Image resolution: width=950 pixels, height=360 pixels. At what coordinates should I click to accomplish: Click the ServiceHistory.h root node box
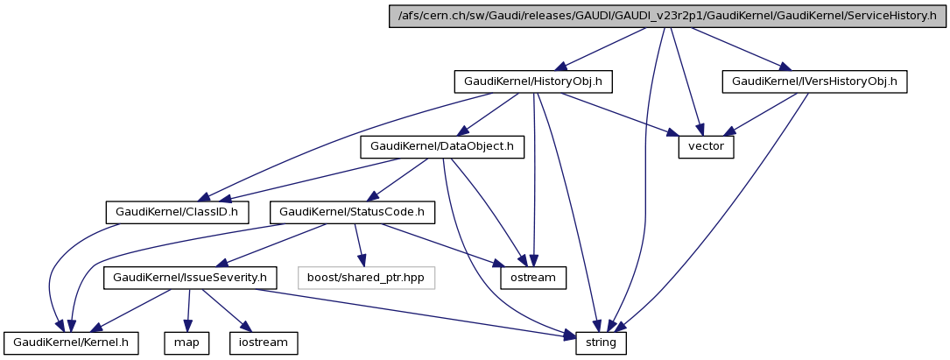coord(667,17)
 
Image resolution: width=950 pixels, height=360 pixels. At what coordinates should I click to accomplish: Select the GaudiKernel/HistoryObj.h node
coord(532,81)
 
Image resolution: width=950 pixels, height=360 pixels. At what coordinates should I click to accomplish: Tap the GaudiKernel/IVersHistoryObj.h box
coord(814,81)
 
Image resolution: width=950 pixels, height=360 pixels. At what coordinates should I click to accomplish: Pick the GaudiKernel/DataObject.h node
coord(442,146)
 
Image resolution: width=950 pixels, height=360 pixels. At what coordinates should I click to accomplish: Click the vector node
coord(706,146)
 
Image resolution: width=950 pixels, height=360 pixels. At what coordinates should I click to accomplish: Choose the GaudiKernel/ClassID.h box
coord(178,212)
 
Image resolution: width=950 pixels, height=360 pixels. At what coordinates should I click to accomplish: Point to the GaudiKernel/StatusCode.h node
coord(352,212)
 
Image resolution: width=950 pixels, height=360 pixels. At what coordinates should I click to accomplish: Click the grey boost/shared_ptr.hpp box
coord(366,278)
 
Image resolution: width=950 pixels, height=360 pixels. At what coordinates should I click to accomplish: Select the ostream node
coord(533,278)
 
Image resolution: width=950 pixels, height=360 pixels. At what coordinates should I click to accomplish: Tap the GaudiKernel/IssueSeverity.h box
coord(191,278)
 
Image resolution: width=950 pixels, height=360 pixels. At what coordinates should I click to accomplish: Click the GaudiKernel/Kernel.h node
coord(71,342)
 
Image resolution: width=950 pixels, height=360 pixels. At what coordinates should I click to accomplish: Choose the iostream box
coord(264,342)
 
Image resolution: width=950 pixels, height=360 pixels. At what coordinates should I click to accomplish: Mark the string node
coord(601,342)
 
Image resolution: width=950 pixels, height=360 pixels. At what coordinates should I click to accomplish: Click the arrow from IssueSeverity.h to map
coord(190,310)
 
